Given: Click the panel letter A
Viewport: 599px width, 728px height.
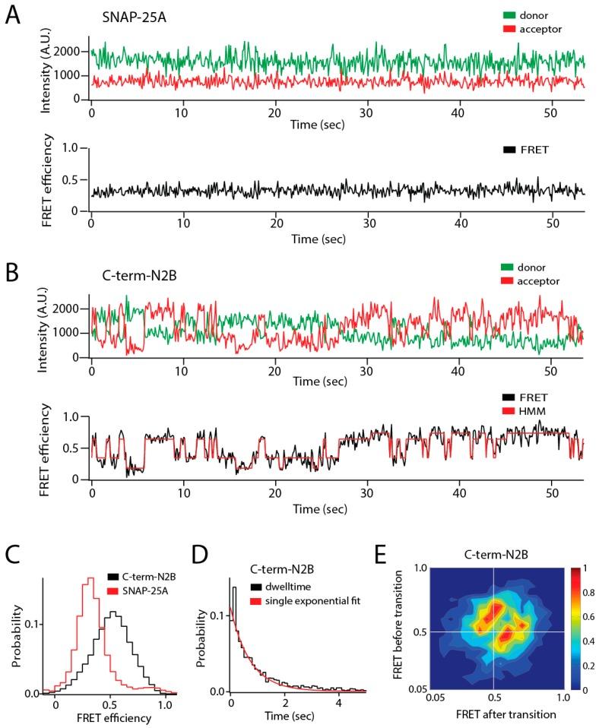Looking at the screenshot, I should [13, 16].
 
